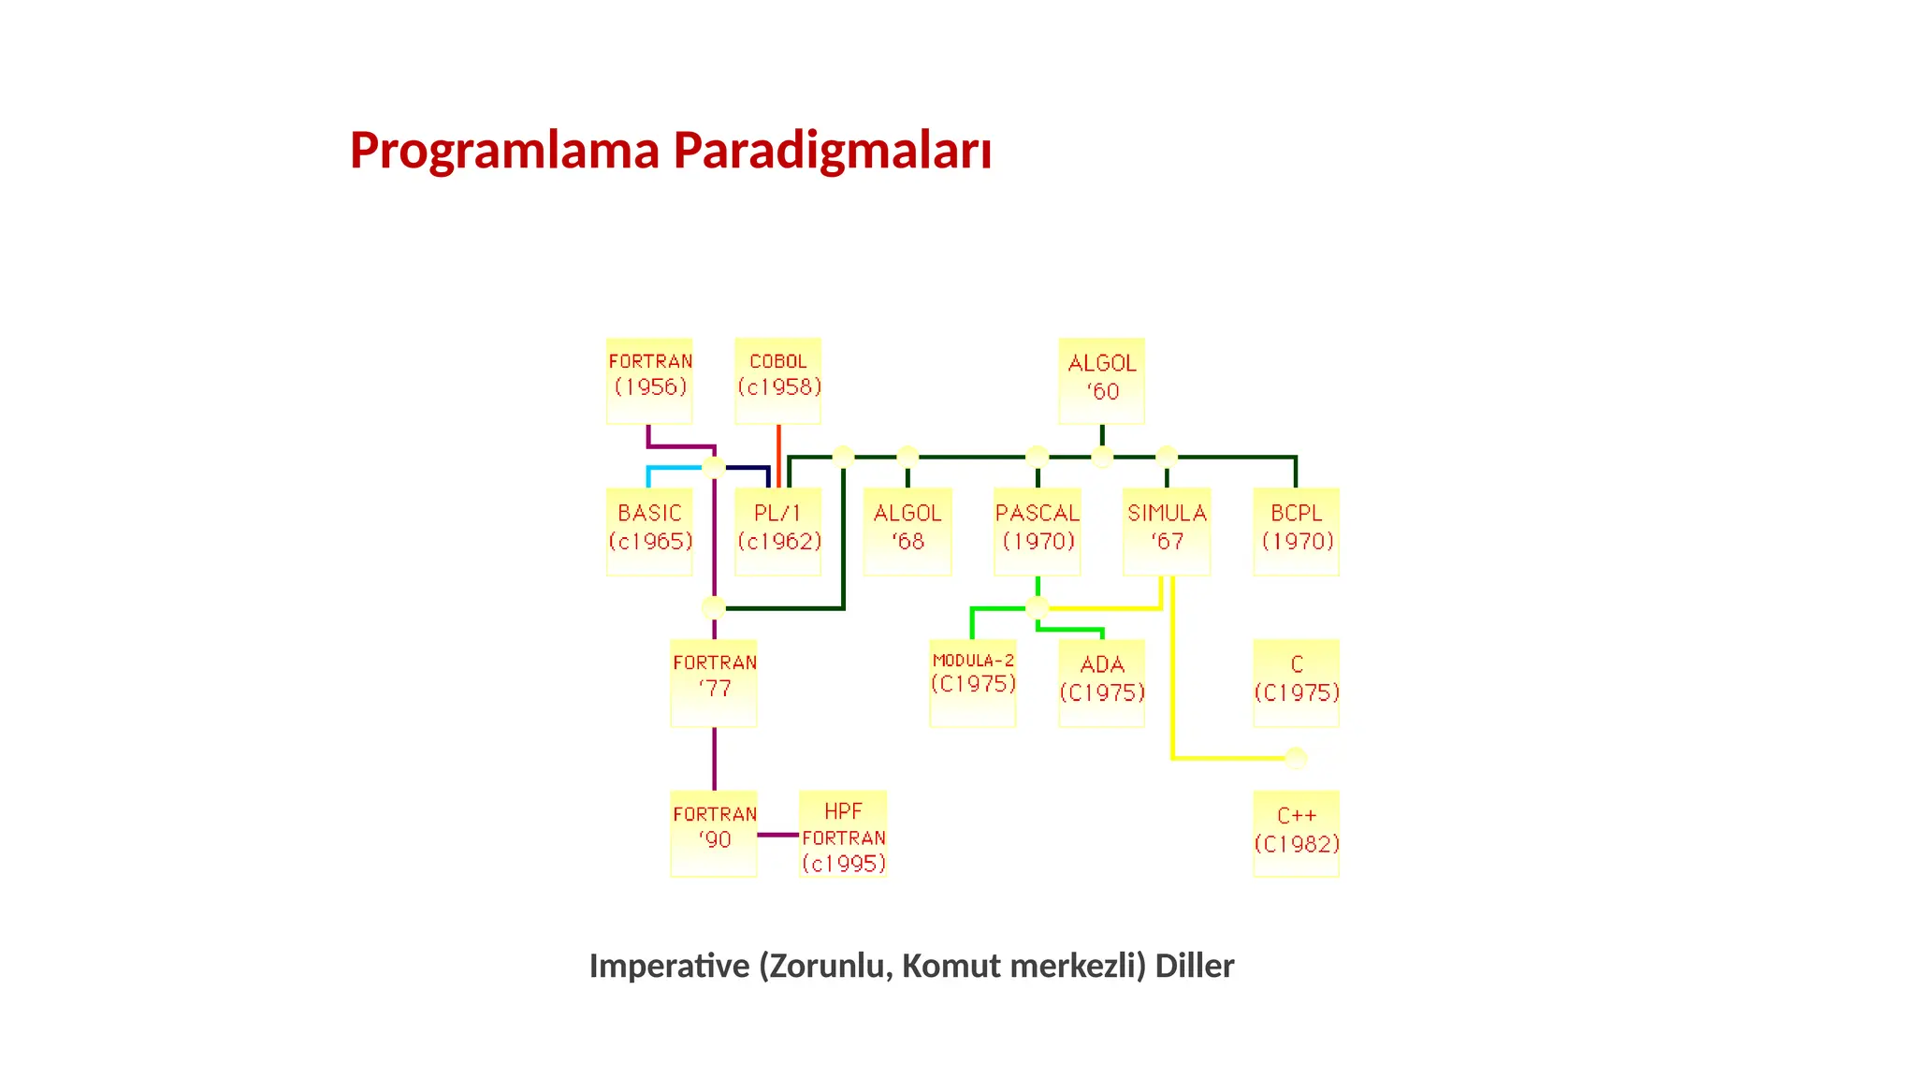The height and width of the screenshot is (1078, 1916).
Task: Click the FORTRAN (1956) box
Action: click(x=649, y=381)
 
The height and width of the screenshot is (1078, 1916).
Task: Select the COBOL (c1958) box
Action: click(x=778, y=381)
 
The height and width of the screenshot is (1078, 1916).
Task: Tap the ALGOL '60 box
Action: click(x=1102, y=381)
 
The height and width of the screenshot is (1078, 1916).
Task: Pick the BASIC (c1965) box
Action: click(x=649, y=532)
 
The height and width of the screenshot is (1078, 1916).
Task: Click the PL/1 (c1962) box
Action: click(x=778, y=532)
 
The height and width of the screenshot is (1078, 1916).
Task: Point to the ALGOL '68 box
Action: click(x=907, y=532)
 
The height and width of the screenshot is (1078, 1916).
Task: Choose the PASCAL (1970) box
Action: click(x=1038, y=532)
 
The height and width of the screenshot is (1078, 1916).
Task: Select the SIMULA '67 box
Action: click(x=1167, y=532)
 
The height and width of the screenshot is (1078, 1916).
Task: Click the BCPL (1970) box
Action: click(x=1297, y=532)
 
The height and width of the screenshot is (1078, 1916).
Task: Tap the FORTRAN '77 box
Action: click(x=714, y=683)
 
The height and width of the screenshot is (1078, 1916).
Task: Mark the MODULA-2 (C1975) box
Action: click(x=973, y=683)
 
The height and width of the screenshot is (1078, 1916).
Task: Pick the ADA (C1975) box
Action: click(x=1102, y=683)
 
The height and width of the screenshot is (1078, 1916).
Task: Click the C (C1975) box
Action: click(x=1297, y=683)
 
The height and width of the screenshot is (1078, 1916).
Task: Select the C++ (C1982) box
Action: click(x=1297, y=834)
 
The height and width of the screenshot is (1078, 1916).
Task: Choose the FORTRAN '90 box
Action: click(x=714, y=834)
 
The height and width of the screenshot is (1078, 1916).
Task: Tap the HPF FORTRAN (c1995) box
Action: click(x=843, y=834)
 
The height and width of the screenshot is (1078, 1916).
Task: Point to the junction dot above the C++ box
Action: click(x=1296, y=758)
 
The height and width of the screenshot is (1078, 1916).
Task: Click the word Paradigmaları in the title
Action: click(x=832, y=151)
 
